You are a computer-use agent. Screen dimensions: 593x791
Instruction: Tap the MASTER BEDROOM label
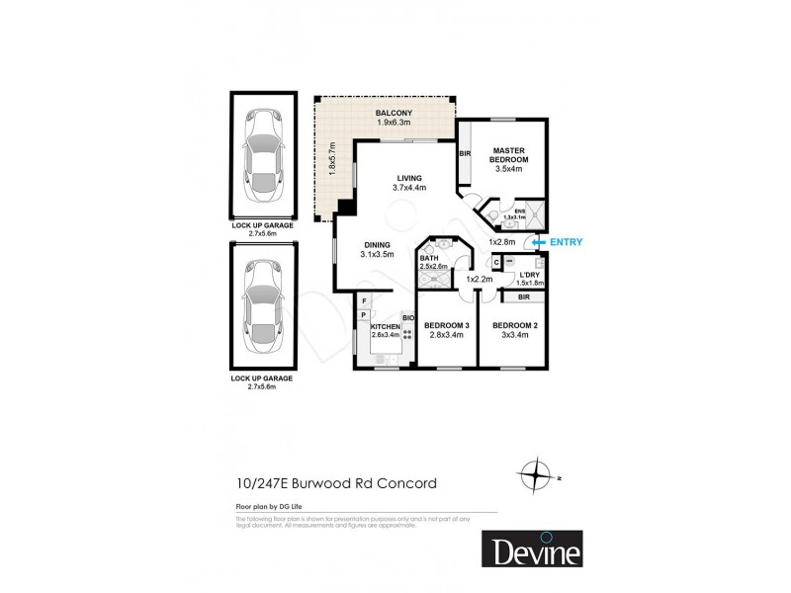click(510, 155)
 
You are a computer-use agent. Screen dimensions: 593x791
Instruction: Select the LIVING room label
click(407, 178)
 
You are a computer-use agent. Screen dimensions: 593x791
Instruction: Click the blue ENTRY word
click(566, 242)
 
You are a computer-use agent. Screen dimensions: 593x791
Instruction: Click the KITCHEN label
click(385, 327)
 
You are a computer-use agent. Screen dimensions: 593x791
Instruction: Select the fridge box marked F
click(364, 300)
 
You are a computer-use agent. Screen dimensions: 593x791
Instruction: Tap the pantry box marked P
click(364, 316)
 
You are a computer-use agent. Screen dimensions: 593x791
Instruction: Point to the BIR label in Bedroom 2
click(523, 296)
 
